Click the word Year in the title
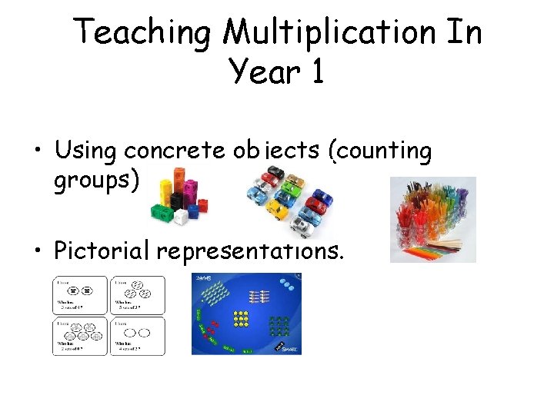(x=261, y=72)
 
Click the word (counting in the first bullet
(x=379, y=151)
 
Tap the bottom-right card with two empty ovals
(x=137, y=336)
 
